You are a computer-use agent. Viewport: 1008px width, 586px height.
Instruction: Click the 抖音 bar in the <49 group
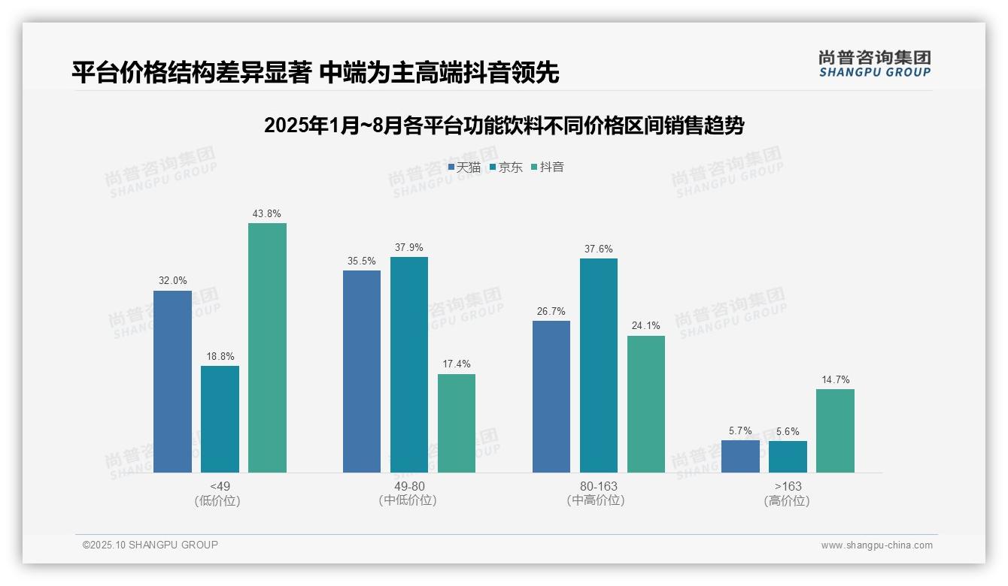[x=267, y=348]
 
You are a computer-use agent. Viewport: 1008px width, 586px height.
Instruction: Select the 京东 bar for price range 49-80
[x=409, y=364]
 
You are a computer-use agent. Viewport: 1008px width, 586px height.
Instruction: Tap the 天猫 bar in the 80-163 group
[x=551, y=397]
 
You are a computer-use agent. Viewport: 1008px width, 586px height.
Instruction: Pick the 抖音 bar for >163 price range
[x=835, y=430]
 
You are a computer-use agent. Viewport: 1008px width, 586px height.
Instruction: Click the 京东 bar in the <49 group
[x=220, y=419]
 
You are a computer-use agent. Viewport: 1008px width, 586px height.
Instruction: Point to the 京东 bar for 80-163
[x=599, y=365]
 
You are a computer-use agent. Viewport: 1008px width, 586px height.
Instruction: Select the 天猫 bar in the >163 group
[x=740, y=456]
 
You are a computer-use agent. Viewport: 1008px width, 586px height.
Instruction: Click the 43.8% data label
[x=267, y=213]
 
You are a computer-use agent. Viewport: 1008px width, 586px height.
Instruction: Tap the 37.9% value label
[x=409, y=247]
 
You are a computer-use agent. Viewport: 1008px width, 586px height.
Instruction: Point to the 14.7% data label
[x=835, y=379]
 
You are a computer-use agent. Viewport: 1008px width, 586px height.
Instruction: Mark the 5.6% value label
[x=788, y=431]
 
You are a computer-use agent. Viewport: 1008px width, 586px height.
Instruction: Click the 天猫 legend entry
[x=464, y=167]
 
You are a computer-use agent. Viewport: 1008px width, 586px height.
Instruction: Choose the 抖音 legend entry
[x=548, y=167]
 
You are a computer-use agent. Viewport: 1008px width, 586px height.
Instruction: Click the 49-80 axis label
[x=409, y=486]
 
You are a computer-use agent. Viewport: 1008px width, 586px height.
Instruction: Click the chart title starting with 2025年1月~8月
[x=503, y=125]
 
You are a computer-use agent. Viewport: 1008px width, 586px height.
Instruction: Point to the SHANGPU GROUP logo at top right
[x=874, y=64]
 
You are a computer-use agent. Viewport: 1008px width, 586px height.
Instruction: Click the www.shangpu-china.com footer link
[x=876, y=545]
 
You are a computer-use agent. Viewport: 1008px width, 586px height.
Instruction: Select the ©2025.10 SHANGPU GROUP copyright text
[x=150, y=545]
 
